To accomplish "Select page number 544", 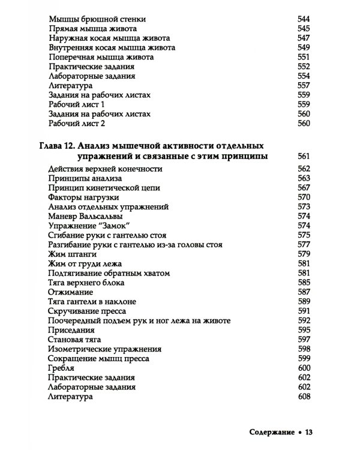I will click(x=305, y=17).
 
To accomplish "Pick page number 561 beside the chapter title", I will click(x=305, y=156).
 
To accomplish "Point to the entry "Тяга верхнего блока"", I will click(x=86, y=282).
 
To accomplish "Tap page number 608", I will click(x=305, y=397).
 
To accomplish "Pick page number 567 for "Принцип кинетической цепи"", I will click(x=305, y=187).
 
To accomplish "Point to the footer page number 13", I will click(x=310, y=431).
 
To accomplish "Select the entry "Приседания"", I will click(x=71, y=330).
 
